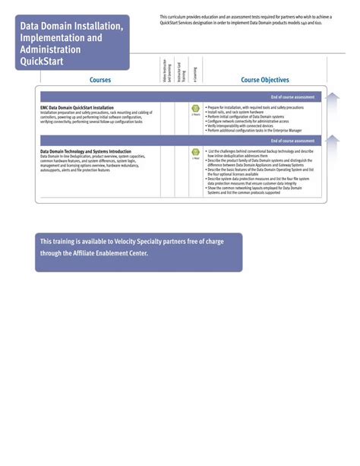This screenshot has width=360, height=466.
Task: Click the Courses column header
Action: point(99,80)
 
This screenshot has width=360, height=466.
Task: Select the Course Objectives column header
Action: point(264,80)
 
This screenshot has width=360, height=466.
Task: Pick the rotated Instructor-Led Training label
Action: point(179,71)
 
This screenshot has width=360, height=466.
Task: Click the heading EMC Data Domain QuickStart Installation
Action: point(77,108)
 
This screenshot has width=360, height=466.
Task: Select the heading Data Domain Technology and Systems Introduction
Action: point(90,151)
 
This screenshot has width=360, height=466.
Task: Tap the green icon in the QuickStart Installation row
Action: point(195,109)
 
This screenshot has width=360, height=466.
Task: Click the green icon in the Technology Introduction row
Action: point(195,152)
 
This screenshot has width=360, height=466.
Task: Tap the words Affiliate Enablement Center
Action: point(111,253)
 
